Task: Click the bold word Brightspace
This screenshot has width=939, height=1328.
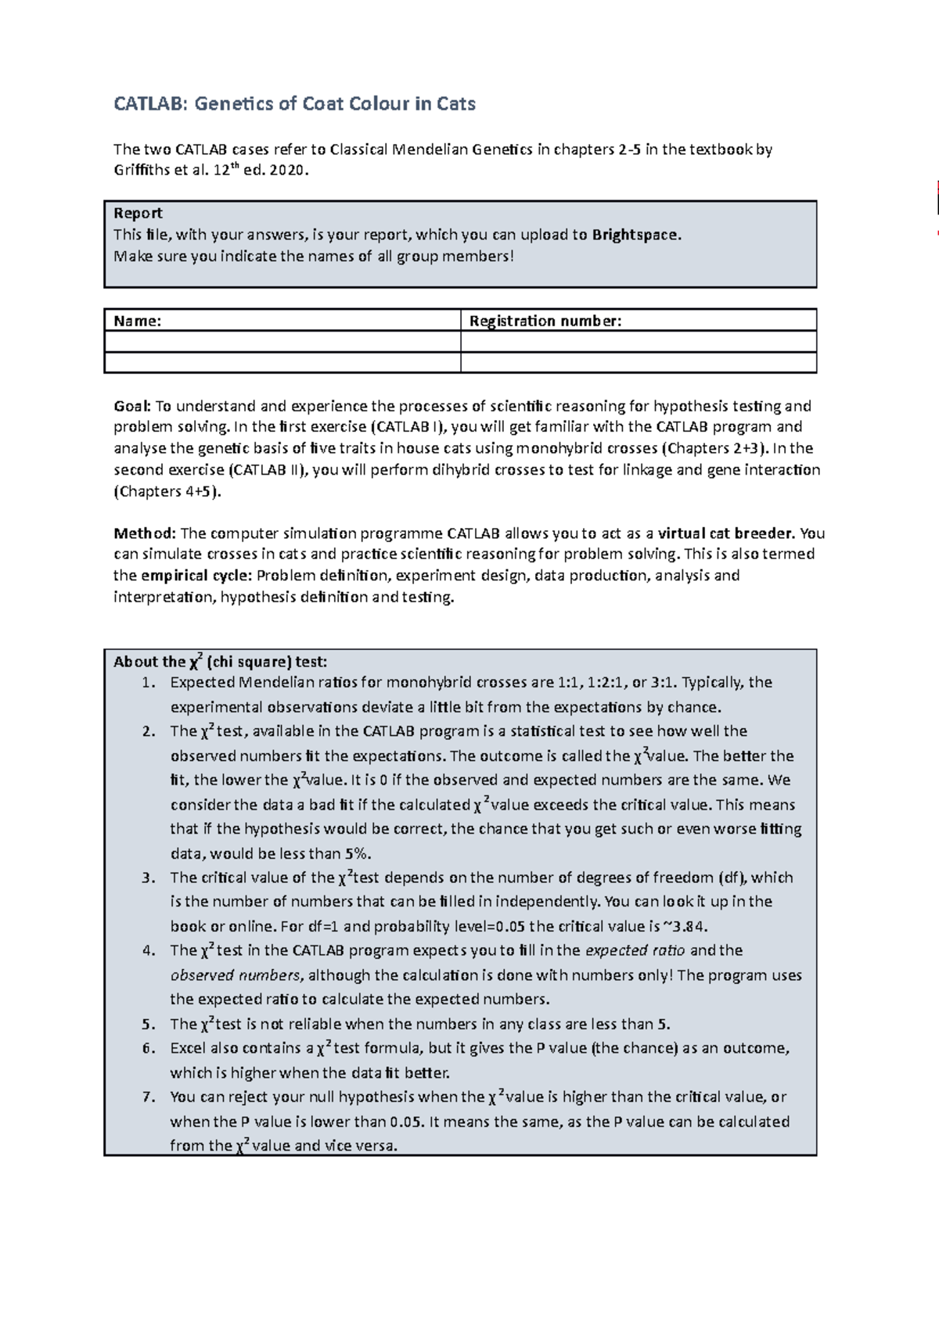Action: click(x=636, y=235)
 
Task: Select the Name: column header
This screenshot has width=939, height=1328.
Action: click(x=138, y=321)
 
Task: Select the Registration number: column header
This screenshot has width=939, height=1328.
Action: click(x=545, y=321)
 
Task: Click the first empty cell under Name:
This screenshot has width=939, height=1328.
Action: click(x=282, y=342)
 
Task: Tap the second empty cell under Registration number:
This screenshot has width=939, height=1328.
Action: click(x=639, y=362)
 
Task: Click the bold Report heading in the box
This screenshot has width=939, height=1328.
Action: click(x=138, y=214)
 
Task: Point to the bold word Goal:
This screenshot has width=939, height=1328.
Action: click(x=132, y=406)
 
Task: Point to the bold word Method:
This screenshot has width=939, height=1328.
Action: click(x=145, y=533)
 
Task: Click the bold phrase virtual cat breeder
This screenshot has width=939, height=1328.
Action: click(x=726, y=533)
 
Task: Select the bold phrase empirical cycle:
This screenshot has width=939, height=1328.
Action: click(x=196, y=576)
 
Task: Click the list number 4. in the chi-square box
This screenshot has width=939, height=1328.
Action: click(x=149, y=951)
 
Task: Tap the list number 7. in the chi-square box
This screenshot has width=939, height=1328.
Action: click(x=149, y=1097)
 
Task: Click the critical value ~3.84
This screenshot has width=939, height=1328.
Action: click(x=685, y=927)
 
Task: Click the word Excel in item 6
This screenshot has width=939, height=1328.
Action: click(x=187, y=1048)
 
